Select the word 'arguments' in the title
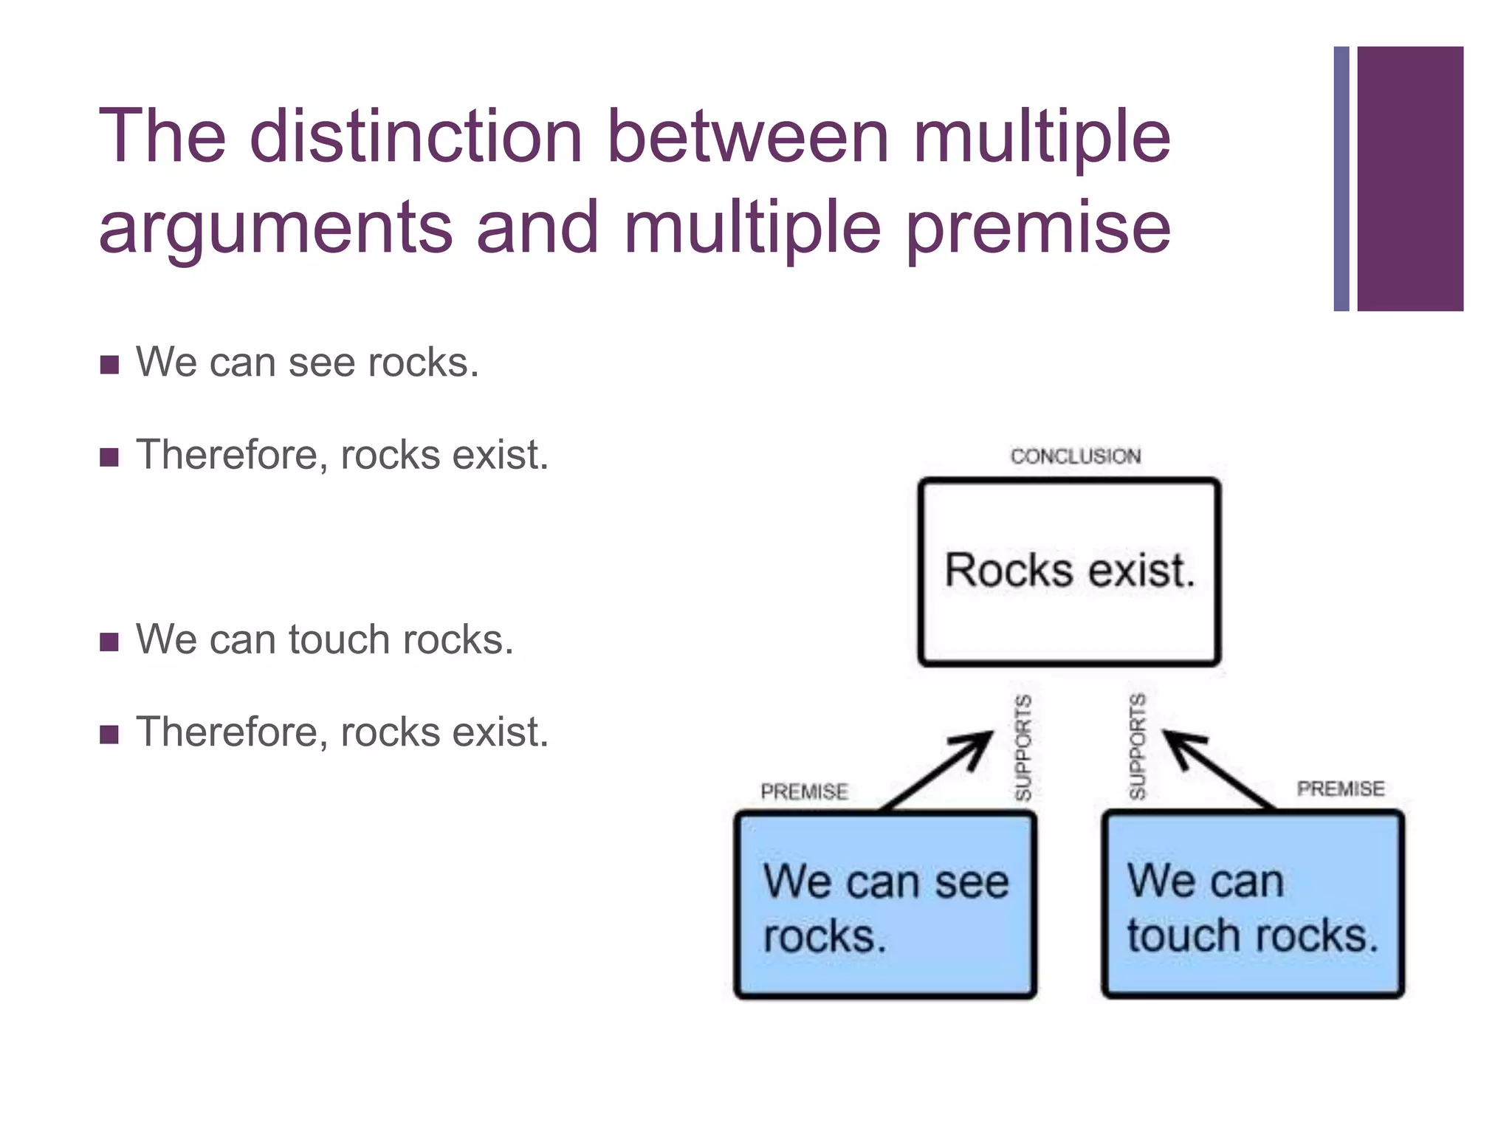tap(275, 229)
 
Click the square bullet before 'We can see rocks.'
tap(109, 365)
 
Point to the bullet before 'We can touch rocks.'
tap(109, 642)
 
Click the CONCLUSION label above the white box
tap(1075, 456)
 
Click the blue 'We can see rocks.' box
tap(885, 906)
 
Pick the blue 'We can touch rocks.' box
tap(1252, 906)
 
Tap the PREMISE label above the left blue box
tap(804, 791)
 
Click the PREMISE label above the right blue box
tap(1340, 788)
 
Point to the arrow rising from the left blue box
tap(938, 769)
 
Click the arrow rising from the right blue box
tap(1218, 768)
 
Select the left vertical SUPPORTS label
tap(1023, 747)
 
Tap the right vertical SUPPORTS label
tap(1137, 746)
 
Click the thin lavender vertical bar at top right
tap(1341, 179)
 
